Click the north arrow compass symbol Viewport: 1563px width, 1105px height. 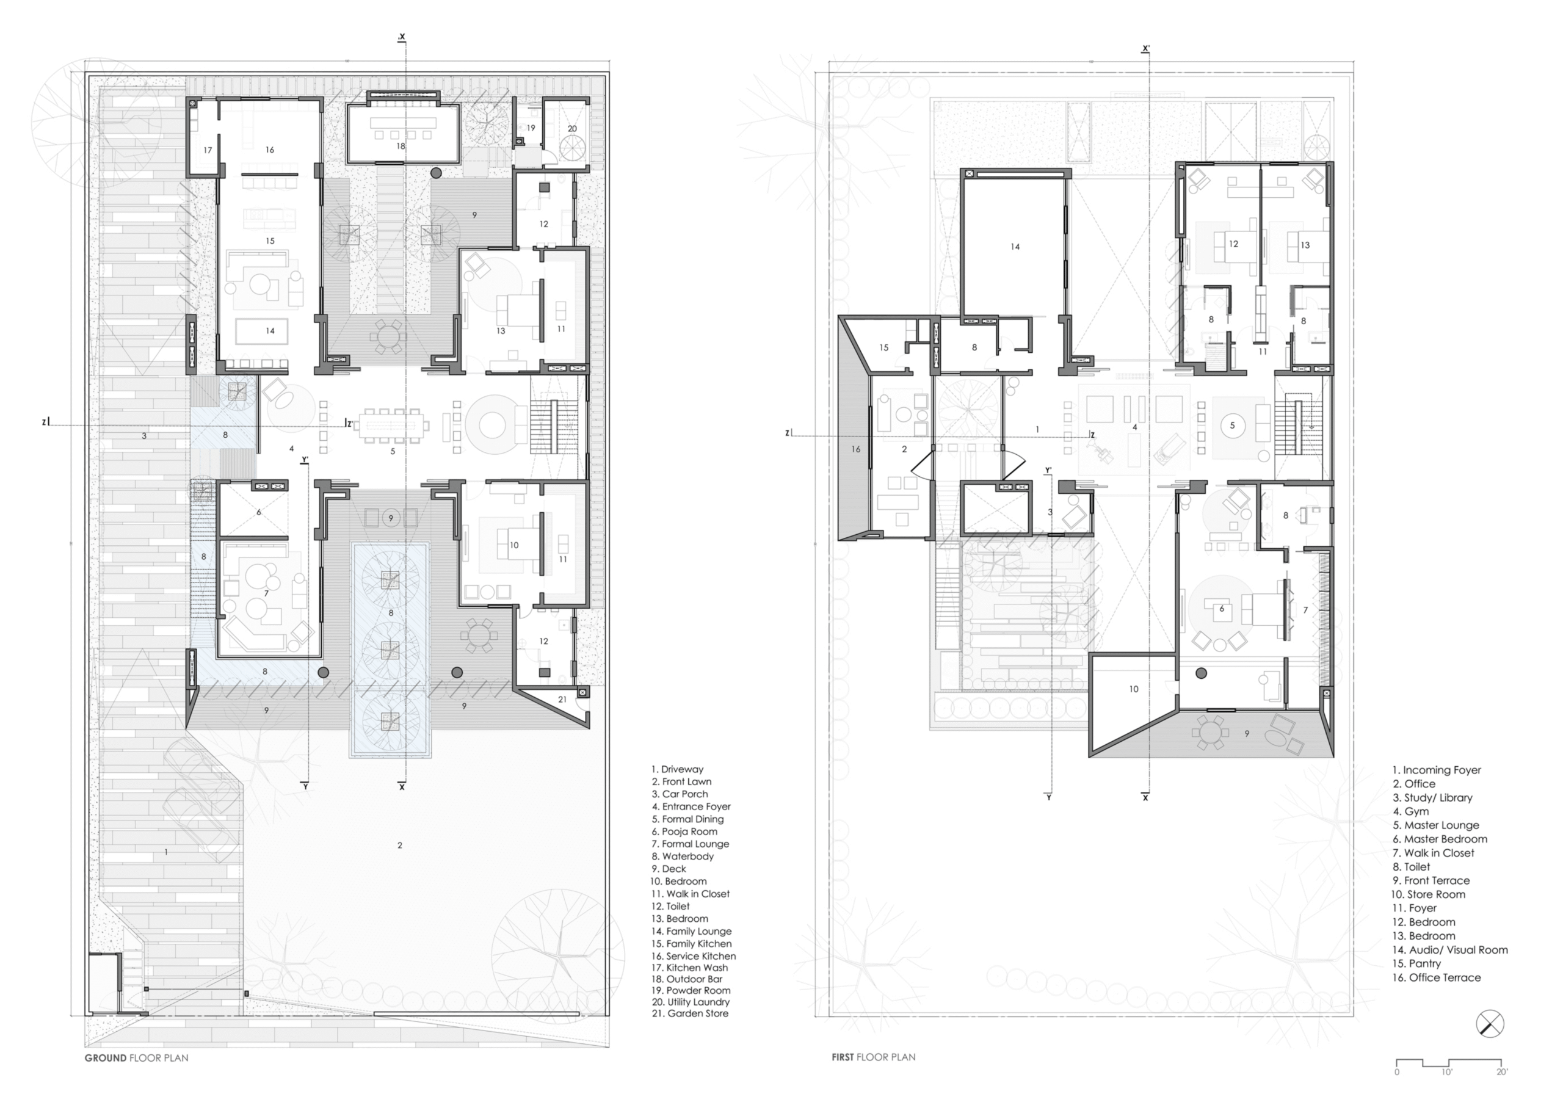pyautogui.click(x=1490, y=1024)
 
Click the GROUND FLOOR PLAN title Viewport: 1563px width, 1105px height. pyautogui.click(x=136, y=1057)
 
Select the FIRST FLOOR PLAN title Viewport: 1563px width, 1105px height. pyautogui.click(x=874, y=1057)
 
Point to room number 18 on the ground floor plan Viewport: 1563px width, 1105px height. pyautogui.click(x=401, y=146)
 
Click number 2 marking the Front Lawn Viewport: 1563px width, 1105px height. pyautogui.click(x=399, y=845)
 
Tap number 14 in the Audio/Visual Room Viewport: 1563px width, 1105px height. pyautogui.click(x=1015, y=247)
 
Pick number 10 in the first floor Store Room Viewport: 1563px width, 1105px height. pyautogui.click(x=1133, y=689)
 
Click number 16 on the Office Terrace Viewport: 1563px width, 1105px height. pyautogui.click(x=856, y=449)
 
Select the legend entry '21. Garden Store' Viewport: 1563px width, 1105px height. pyautogui.click(x=689, y=1013)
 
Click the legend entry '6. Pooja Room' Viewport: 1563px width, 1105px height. pyautogui.click(x=684, y=831)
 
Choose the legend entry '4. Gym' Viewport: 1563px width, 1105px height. pyautogui.click(x=1410, y=811)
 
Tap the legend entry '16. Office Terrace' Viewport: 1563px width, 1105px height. pyautogui.click(x=1437, y=977)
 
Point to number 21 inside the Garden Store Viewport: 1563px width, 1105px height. pyautogui.click(x=562, y=699)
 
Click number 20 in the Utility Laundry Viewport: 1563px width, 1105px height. pyautogui.click(x=572, y=128)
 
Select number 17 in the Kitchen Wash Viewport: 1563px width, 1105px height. pyautogui.click(x=208, y=150)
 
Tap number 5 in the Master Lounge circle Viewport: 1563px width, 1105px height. pyautogui.click(x=1232, y=426)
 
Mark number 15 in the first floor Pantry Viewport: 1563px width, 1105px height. pyautogui.click(x=883, y=347)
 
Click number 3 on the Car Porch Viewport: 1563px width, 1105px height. pyautogui.click(x=143, y=436)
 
